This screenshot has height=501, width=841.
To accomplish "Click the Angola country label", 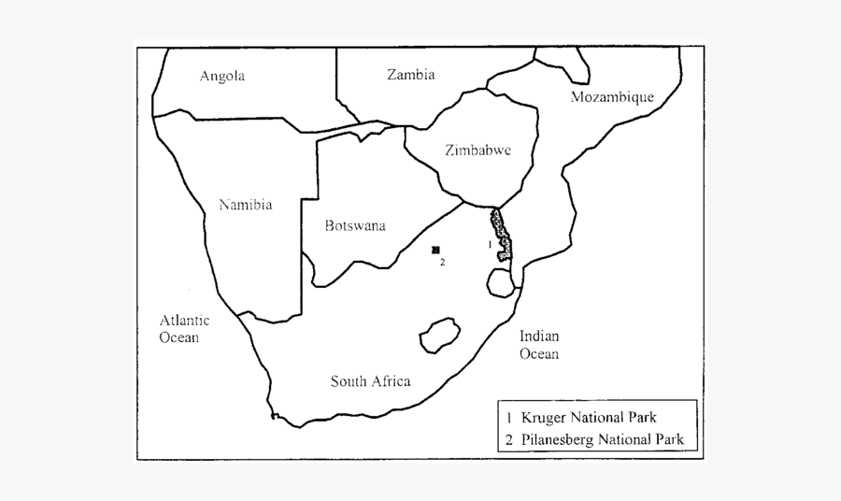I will (222, 77).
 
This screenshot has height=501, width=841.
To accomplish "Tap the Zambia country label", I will (411, 76).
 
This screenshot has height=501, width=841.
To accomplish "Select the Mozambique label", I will (613, 97).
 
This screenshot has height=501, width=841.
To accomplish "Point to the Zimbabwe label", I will (478, 150).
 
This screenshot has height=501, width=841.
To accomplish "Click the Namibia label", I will (245, 205).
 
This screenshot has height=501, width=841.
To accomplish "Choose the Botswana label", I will (355, 225).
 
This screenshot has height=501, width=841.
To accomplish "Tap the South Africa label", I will (370, 380).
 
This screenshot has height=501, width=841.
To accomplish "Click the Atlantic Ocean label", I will (184, 328).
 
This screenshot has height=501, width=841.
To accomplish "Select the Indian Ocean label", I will (539, 345).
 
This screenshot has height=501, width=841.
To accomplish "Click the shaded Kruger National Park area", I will (503, 236).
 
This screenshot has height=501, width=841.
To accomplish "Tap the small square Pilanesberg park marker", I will (435, 250).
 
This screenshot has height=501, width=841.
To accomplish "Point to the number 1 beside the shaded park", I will (489, 244).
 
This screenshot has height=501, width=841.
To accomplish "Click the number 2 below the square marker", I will (442, 263).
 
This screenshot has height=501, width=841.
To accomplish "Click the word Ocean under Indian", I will (539, 354).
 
